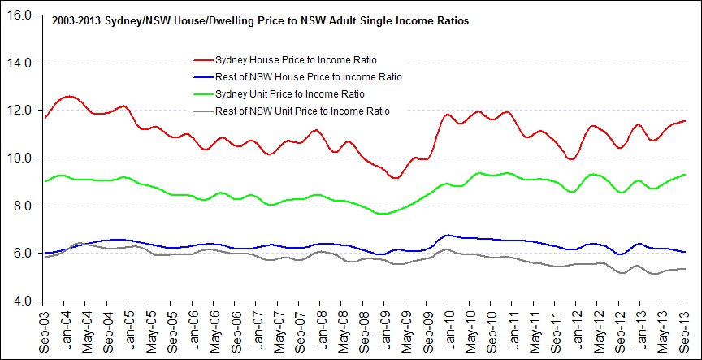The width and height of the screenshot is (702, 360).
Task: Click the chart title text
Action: (260, 23)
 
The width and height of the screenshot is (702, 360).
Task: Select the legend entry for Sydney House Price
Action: (296, 60)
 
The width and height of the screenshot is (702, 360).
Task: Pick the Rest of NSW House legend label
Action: (308, 76)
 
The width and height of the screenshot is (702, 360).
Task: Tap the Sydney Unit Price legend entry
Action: (290, 93)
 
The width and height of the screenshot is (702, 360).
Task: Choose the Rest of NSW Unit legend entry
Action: (302, 111)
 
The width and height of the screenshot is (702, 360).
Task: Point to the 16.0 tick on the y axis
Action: (19, 15)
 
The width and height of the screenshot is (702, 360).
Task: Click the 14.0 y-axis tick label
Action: (19, 63)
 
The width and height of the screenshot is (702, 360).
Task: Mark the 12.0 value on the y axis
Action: (19, 111)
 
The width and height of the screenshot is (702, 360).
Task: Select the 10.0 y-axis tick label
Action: (19, 158)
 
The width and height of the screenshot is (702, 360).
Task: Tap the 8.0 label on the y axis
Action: (22, 206)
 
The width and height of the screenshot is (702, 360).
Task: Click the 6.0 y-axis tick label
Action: (22, 253)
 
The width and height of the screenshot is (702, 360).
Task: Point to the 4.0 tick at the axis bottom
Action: (22, 301)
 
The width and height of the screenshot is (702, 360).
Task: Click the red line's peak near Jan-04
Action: (70, 96)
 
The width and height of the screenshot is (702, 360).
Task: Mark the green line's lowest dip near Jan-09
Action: (383, 214)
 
